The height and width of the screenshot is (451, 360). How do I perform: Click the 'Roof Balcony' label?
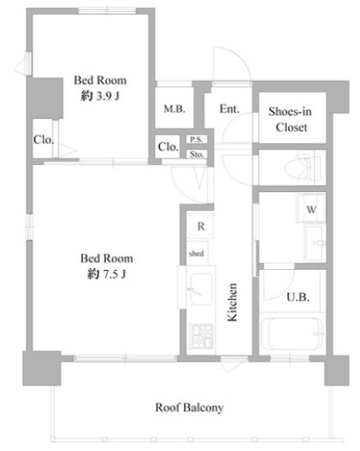(x=189, y=407)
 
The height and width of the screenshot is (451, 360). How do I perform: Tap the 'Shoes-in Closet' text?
(x=290, y=119)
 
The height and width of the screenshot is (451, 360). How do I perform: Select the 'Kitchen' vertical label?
(x=232, y=302)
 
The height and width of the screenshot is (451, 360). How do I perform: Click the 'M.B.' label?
(x=174, y=108)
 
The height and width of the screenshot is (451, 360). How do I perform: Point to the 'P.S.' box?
(x=197, y=139)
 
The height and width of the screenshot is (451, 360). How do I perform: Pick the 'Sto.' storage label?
(x=197, y=155)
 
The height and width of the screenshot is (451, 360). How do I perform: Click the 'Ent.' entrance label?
(x=229, y=108)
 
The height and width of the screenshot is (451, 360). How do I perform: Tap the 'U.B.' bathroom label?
(x=298, y=297)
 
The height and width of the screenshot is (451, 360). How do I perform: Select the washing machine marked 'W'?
(x=311, y=208)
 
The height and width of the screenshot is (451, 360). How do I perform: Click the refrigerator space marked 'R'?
(x=200, y=226)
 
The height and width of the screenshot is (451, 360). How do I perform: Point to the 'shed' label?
(x=197, y=254)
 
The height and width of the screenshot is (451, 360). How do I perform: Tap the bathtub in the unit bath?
(x=292, y=334)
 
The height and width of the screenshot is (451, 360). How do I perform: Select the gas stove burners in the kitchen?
(x=202, y=337)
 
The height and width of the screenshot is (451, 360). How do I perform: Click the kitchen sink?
(x=201, y=289)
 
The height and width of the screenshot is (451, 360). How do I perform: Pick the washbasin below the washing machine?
(x=315, y=243)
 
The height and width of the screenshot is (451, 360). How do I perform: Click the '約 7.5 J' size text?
(x=107, y=274)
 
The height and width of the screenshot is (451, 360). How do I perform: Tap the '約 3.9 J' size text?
(x=100, y=96)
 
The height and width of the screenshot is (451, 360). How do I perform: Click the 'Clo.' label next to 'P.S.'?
(x=168, y=147)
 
